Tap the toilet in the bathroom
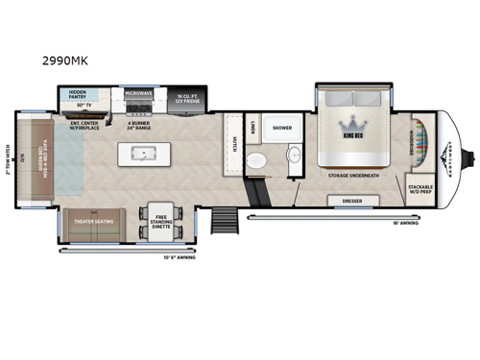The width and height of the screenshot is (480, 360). (255, 161)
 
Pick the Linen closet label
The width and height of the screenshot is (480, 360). (252, 126)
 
